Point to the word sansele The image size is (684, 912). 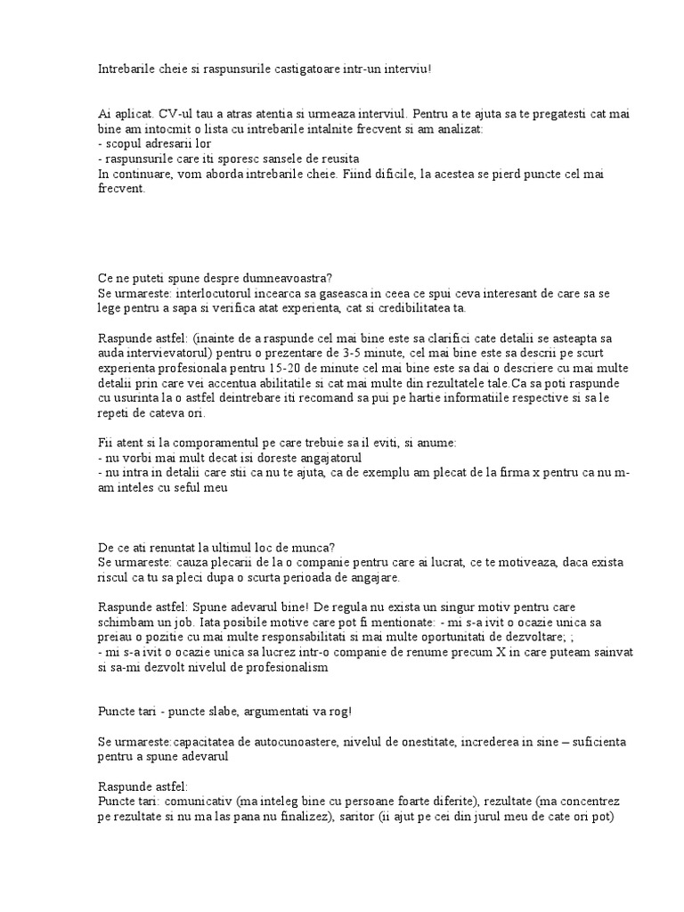[274, 159]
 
